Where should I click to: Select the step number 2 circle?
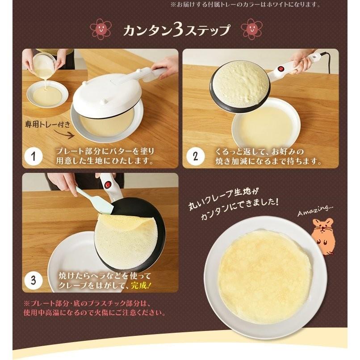coord(195,156)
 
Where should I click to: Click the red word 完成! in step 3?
coord(143,284)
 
